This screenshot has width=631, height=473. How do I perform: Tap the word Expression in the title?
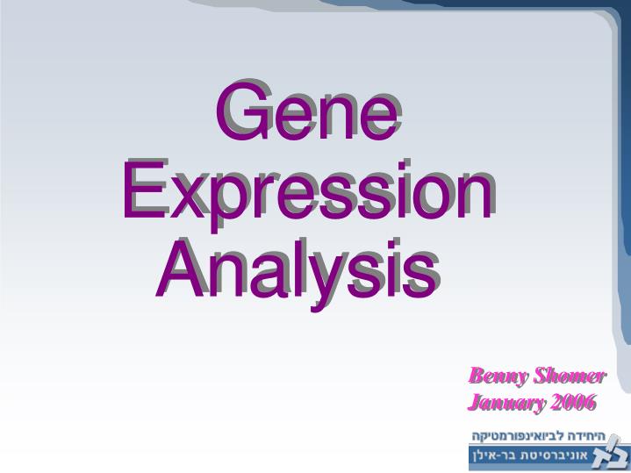[306, 191]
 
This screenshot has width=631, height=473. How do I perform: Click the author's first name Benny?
[492, 376]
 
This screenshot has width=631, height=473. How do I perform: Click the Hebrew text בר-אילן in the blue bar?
[492, 457]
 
